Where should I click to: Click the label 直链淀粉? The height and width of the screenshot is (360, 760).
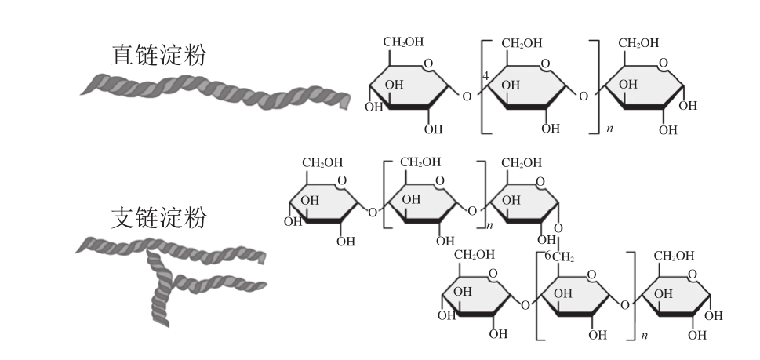pos(160,54)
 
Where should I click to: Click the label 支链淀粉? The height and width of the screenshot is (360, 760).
pos(159,216)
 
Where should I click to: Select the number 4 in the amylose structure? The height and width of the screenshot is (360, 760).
pos(486,75)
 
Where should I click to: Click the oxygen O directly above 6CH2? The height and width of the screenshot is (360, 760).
pos(558,229)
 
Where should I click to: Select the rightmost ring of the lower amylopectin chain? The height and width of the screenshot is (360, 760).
pos(675,299)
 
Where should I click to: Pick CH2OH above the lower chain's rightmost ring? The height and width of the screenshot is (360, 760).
pos(674,255)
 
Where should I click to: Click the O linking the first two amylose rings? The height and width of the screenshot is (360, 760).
pos(467,96)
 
